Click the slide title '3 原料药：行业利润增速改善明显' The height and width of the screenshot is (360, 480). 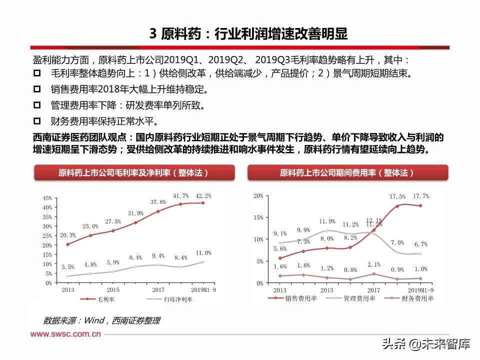pos(248,34)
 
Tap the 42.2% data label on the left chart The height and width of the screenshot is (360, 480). pos(202,195)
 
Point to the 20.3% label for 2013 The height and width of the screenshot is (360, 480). pos(68,235)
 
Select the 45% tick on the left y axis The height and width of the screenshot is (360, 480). pos(47,198)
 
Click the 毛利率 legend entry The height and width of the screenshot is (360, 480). pos(100,299)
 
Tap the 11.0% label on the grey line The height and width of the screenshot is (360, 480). pos(202,253)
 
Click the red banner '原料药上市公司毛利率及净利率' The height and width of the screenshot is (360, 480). pos(133,172)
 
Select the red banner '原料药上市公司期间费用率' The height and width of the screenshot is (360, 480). pos(347,172)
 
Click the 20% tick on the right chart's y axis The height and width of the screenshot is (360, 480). pos(258,195)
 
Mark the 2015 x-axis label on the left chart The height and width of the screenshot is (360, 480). pos(112,290)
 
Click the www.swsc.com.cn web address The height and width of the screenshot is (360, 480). pos(66,334)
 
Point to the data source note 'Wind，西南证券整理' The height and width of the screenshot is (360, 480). pos(102,320)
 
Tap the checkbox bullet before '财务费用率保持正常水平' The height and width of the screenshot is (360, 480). pos(37,121)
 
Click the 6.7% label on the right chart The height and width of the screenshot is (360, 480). pos(420,244)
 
